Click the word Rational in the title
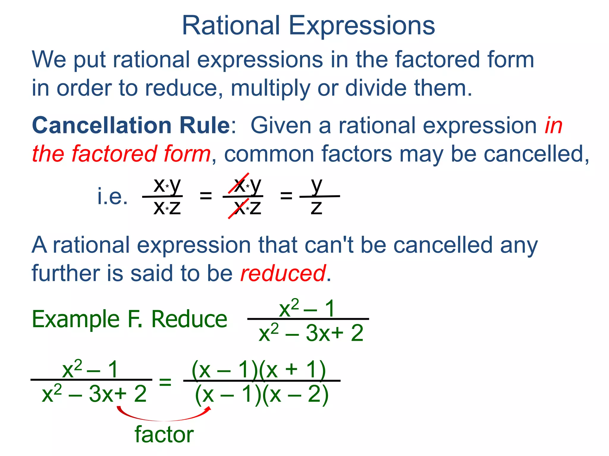pyautogui.click(x=231, y=26)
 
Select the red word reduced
pyautogui.click(x=283, y=273)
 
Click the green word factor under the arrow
pyautogui.click(x=164, y=435)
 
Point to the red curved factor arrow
pyautogui.click(x=164, y=419)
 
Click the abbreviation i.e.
pyautogui.click(x=113, y=197)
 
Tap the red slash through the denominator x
pyautogui.click(x=238, y=208)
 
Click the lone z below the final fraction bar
pyautogui.click(x=316, y=208)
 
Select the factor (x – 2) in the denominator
pyautogui.click(x=296, y=395)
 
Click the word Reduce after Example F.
pyautogui.click(x=189, y=319)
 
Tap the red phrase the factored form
pyautogui.click(x=121, y=154)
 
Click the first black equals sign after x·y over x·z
pyautogui.click(x=206, y=196)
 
